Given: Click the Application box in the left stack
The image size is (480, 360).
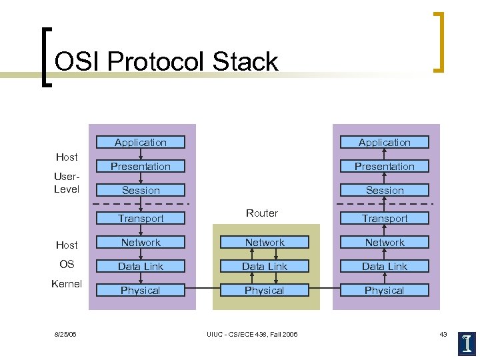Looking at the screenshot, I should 141,142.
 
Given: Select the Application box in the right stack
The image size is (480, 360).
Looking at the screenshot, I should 385,142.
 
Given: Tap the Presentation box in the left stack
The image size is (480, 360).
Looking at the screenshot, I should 141,166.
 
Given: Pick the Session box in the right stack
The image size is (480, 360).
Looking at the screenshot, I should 385,190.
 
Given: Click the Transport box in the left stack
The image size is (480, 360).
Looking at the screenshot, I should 141,218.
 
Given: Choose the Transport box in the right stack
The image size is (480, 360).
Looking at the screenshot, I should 385,218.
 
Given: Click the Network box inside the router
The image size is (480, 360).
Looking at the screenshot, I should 265,243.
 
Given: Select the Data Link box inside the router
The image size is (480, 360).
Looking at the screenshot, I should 265,266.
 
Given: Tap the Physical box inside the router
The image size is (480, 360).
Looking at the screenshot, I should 265,290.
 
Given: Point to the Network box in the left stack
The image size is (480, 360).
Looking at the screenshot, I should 141,243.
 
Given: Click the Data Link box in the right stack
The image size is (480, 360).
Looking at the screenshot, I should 385,266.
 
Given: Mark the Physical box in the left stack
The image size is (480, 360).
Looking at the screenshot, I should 141,290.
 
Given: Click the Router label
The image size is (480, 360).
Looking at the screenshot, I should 262,213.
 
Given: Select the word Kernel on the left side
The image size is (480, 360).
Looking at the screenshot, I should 67,283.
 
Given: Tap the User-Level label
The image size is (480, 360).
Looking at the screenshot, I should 67,183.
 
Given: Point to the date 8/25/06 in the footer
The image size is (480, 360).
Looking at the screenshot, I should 66,334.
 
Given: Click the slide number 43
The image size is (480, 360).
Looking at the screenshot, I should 443,334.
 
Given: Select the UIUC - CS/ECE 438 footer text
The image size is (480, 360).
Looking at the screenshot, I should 253,334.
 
